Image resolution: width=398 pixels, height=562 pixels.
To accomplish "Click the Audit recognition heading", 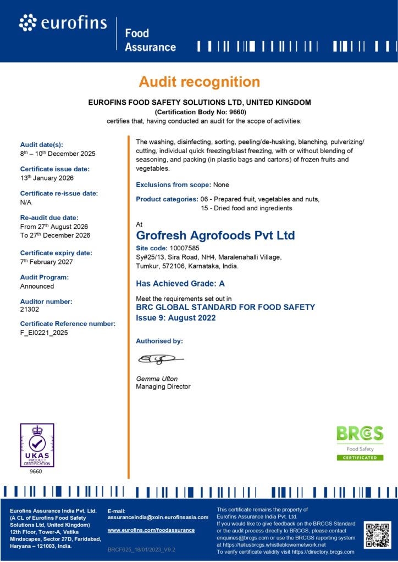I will [x=199, y=82].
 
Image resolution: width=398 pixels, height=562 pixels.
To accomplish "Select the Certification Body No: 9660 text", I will [x=199, y=111].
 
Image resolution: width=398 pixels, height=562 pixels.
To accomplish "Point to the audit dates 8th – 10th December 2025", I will [x=57, y=154].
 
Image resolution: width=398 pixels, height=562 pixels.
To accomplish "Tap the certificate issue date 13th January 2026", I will [x=47, y=178].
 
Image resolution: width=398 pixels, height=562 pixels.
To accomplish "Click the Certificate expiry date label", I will [x=56, y=253].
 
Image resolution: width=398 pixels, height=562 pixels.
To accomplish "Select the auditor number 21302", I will [x=29, y=310].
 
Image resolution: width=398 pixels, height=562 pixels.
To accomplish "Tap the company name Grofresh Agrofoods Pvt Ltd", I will [x=215, y=235].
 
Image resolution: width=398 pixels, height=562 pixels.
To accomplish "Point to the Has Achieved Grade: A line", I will [x=180, y=284].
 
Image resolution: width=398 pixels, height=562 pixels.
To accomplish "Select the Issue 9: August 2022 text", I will [x=175, y=318].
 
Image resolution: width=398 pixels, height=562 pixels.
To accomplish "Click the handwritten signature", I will [x=160, y=359].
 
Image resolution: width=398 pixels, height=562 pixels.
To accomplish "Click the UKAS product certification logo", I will [x=37, y=445].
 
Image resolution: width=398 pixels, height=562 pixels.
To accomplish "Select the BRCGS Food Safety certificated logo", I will [x=360, y=442].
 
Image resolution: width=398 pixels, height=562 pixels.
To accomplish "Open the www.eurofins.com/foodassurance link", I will [x=151, y=530].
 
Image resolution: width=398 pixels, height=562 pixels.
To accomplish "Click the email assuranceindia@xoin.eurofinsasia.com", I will [x=158, y=517].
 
